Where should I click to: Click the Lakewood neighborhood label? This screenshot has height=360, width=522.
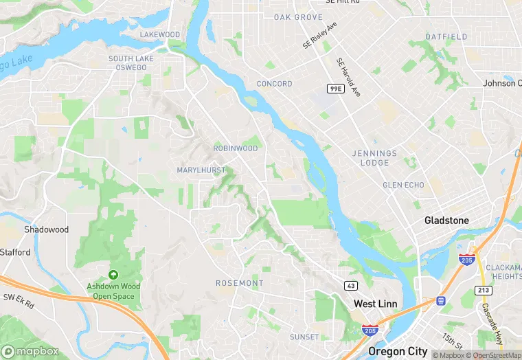point(159,34)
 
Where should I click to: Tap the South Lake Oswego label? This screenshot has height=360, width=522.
point(131,63)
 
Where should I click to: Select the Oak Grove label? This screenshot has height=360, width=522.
point(298,16)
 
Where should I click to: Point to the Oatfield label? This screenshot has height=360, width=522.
point(446,36)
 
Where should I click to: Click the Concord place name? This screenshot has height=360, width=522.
point(274,84)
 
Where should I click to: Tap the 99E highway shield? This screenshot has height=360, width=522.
point(335,89)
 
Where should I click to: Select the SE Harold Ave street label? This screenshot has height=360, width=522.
point(348,76)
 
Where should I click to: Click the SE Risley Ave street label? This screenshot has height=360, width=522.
point(320,35)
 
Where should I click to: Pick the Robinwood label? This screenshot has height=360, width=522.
point(236,148)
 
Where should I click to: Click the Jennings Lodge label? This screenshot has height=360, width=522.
point(374,158)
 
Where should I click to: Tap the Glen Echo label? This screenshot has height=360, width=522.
point(403,185)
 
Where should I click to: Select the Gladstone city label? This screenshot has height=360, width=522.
point(446,221)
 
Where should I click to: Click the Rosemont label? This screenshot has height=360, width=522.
point(239,283)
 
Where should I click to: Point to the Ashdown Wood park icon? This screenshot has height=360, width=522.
point(113,275)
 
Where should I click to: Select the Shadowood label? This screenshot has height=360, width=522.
point(46,229)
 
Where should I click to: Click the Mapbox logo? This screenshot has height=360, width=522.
point(30,351)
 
